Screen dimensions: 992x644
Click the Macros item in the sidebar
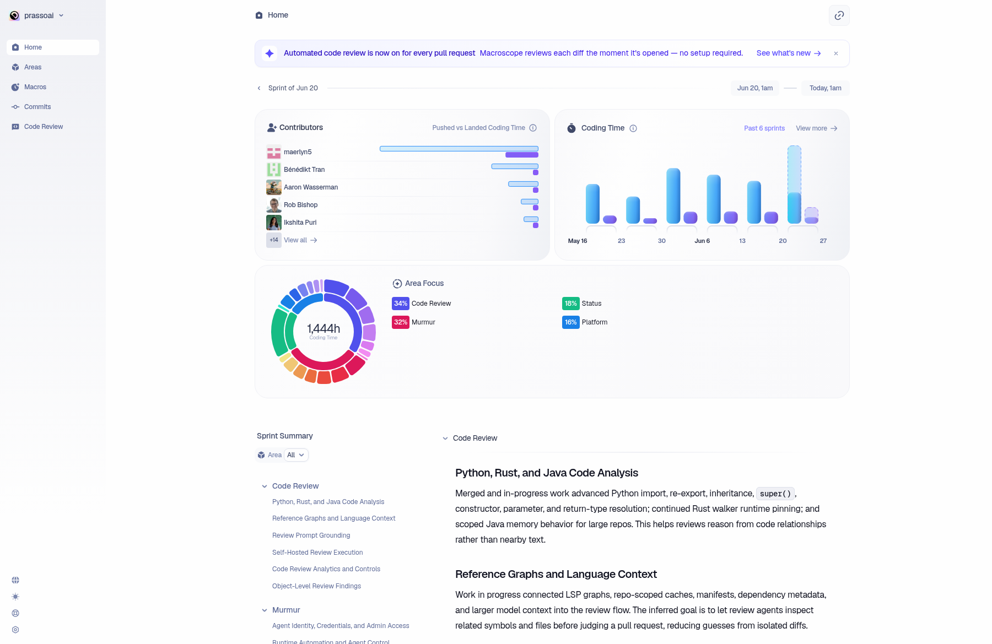[35, 87]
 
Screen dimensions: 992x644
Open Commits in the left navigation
[37, 107]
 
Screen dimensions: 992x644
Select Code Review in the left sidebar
[44, 127]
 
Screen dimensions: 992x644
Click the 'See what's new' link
[789, 53]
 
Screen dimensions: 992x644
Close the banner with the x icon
[836, 53]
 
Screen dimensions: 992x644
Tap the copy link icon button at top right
[839, 15]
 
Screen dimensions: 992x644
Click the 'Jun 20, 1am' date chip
[755, 88]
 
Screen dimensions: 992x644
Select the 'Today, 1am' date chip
[826, 88]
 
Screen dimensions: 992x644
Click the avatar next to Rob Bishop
[274, 205]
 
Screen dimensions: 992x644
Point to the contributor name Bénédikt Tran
[304, 170]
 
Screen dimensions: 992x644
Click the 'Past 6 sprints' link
[764, 128]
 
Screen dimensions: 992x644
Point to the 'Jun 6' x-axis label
[702, 241]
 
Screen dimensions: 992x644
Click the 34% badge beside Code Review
[401, 304]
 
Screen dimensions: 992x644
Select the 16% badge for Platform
[571, 322]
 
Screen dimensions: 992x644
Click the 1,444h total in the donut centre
[324, 329]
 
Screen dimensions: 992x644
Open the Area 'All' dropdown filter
[296, 455]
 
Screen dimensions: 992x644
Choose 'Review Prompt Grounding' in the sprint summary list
[311, 535]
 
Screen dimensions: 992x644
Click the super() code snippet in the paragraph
[775, 494]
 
